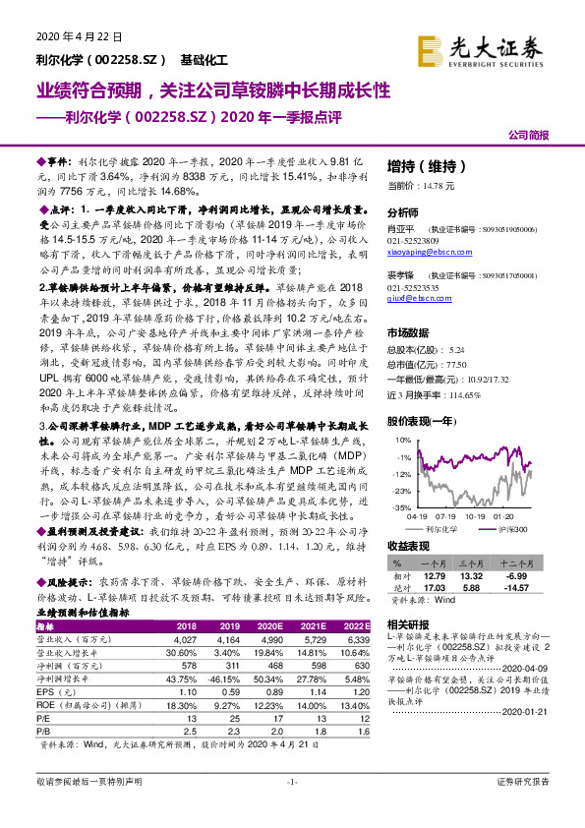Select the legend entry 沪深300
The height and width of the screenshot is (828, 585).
click(511, 528)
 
